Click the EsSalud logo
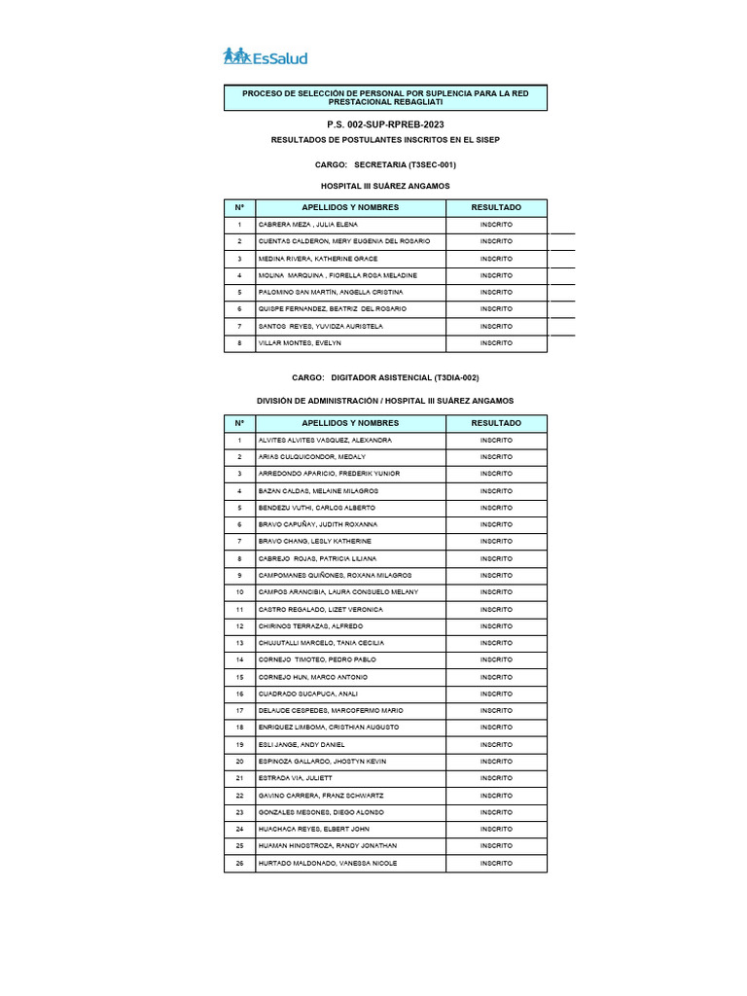click(265, 56)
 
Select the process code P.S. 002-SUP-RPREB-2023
click(385, 125)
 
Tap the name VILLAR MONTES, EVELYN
click(300, 343)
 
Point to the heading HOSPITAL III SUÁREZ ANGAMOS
click(385, 185)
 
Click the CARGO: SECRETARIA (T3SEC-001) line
click(385, 165)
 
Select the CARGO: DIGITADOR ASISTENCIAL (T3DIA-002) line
click(385, 377)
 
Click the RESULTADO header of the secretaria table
click(496, 207)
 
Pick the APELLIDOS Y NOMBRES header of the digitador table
click(350, 423)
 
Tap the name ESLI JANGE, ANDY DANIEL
click(301, 744)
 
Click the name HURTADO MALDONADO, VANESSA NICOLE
click(327, 863)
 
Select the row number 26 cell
click(239, 863)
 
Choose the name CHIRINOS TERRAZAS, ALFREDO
click(310, 626)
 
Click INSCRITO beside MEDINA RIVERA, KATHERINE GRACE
click(496, 259)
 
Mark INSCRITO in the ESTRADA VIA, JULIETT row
click(496, 778)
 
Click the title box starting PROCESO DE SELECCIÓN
click(385, 97)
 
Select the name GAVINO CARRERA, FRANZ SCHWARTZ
click(321, 796)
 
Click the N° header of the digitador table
click(239, 423)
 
